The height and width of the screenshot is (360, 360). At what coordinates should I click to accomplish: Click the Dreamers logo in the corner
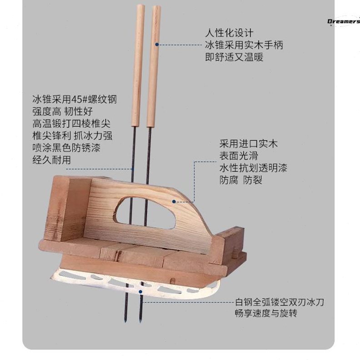(x=343, y=21)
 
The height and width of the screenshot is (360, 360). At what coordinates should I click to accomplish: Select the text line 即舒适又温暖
(x=234, y=58)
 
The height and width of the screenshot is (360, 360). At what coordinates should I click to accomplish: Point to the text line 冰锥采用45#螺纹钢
(x=74, y=99)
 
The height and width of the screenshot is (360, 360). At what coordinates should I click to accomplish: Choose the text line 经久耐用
(x=51, y=160)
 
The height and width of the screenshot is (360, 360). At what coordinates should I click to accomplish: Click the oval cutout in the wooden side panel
(x=145, y=214)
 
